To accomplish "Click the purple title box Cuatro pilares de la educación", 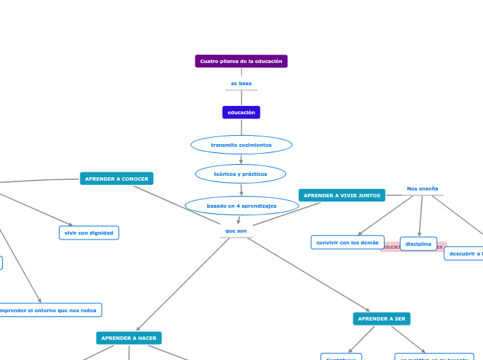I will point(241,61).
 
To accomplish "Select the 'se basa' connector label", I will point(241,84).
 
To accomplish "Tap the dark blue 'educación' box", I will point(241,112).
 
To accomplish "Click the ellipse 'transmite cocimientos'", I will point(241,145).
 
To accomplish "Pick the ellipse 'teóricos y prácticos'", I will point(240,174).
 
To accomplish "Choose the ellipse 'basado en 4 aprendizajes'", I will point(241,206).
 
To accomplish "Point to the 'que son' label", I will point(236,231).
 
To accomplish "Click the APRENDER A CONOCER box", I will point(116,179).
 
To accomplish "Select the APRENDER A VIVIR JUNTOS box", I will point(342,195).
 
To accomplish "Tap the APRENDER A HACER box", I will point(129,338).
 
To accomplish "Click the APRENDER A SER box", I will point(381,318).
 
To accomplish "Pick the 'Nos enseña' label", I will point(422,188).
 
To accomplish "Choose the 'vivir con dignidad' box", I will point(89,233).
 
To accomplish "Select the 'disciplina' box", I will point(418,244).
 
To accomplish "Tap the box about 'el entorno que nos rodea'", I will point(49,310).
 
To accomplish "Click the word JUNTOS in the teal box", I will point(368,195).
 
